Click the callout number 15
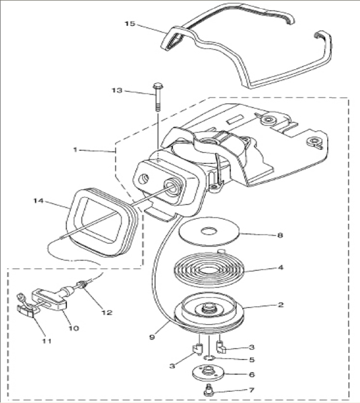[130, 23]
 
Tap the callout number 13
[117, 90]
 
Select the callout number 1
[75, 150]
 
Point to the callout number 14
[38, 201]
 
